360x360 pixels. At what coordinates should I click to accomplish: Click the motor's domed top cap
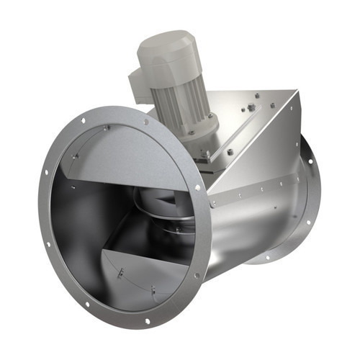(x=165, y=45)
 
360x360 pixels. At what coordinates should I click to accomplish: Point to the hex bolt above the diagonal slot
(x=251, y=108)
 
